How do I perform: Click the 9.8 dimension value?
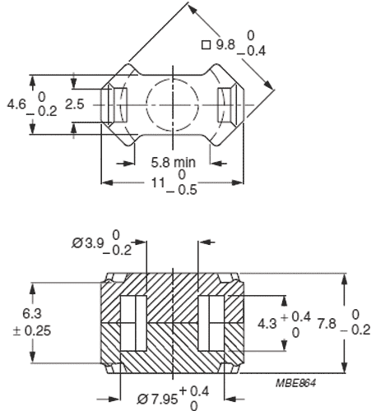click(x=225, y=46)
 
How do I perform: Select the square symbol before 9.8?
click(x=205, y=45)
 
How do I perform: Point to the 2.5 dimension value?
click(x=75, y=104)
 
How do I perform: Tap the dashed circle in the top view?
click(x=172, y=105)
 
